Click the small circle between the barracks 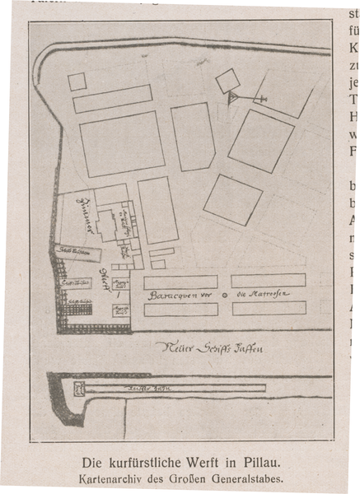pos(224,295)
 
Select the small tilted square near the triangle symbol pos(228,80)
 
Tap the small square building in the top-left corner pos(77,82)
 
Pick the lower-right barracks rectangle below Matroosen pos(269,309)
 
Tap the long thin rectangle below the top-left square pos(112,99)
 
